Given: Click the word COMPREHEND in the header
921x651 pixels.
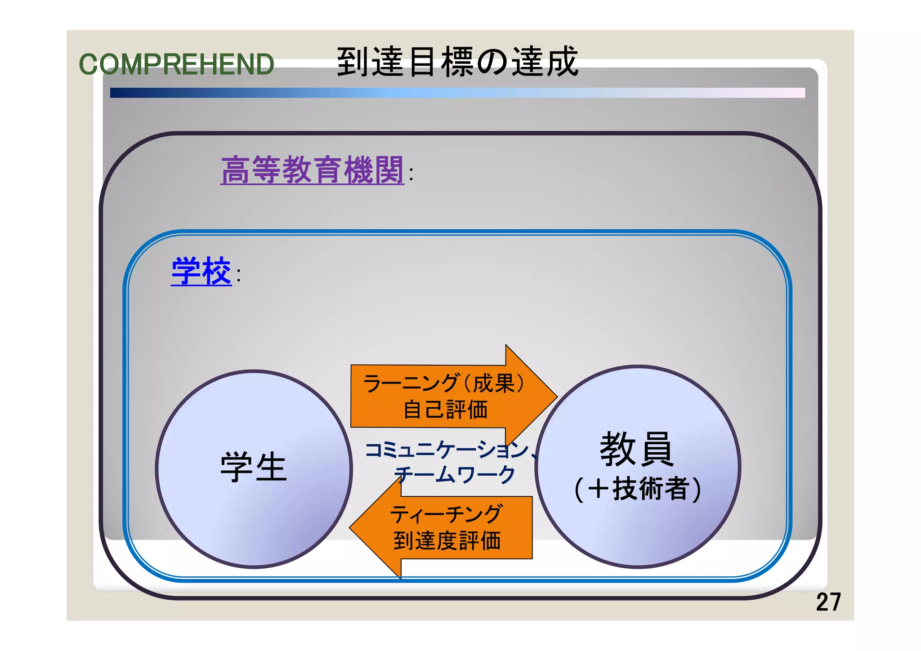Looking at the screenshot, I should coord(176,64).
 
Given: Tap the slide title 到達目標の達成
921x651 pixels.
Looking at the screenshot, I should coord(457,62).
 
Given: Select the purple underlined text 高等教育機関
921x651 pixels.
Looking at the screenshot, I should coord(312,170).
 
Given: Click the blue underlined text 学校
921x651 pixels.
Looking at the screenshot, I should coord(201,271).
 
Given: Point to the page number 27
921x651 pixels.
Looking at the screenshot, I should coord(828,602).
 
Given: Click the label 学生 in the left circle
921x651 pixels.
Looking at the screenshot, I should coord(254,468).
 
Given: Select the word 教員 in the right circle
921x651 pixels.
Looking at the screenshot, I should coord(637,449).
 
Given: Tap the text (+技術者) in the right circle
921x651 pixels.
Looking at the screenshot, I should coord(638,489).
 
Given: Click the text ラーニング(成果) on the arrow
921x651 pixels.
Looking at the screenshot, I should coord(443,383).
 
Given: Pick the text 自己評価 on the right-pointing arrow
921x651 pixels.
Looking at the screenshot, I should coord(445,410).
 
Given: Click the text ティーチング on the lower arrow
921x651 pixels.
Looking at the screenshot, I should coord(446,514).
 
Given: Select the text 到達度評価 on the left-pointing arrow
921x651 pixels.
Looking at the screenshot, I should coord(447,540).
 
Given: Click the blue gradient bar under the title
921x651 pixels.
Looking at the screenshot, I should coord(457,93).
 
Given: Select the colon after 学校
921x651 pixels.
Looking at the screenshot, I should coord(238,275).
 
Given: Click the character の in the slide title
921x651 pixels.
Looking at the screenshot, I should coord(492,62).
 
